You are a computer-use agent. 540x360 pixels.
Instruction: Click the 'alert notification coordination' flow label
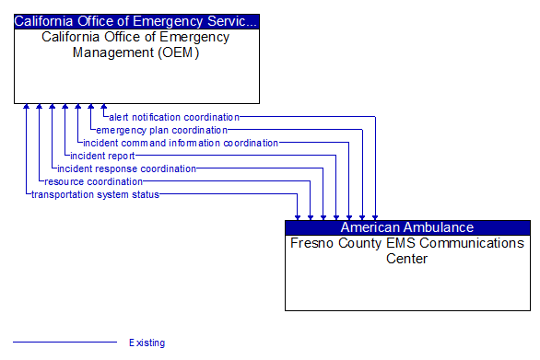(x=173, y=117)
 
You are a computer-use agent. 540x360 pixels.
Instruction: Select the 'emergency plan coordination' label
(x=161, y=130)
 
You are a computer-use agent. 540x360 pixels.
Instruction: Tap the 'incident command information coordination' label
(x=180, y=143)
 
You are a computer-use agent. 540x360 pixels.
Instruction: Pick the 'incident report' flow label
(x=102, y=156)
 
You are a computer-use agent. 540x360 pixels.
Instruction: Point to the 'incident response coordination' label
(x=126, y=168)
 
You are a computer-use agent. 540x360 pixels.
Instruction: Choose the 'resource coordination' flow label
(x=93, y=181)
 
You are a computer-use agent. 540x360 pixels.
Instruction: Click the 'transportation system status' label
(x=95, y=194)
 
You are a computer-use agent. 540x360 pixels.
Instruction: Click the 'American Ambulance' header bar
(x=407, y=227)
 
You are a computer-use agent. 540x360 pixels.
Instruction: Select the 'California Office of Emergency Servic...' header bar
(x=136, y=20)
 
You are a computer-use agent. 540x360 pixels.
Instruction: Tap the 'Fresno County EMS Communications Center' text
(x=407, y=250)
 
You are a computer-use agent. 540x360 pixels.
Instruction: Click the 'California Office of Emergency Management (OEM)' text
(x=136, y=44)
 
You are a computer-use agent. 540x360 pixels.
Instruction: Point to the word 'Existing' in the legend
(x=147, y=343)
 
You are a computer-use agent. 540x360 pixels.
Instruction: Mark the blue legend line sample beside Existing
(x=65, y=343)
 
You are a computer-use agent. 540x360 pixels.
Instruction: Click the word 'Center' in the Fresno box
(x=407, y=259)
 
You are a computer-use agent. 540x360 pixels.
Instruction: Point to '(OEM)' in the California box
(x=182, y=52)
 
